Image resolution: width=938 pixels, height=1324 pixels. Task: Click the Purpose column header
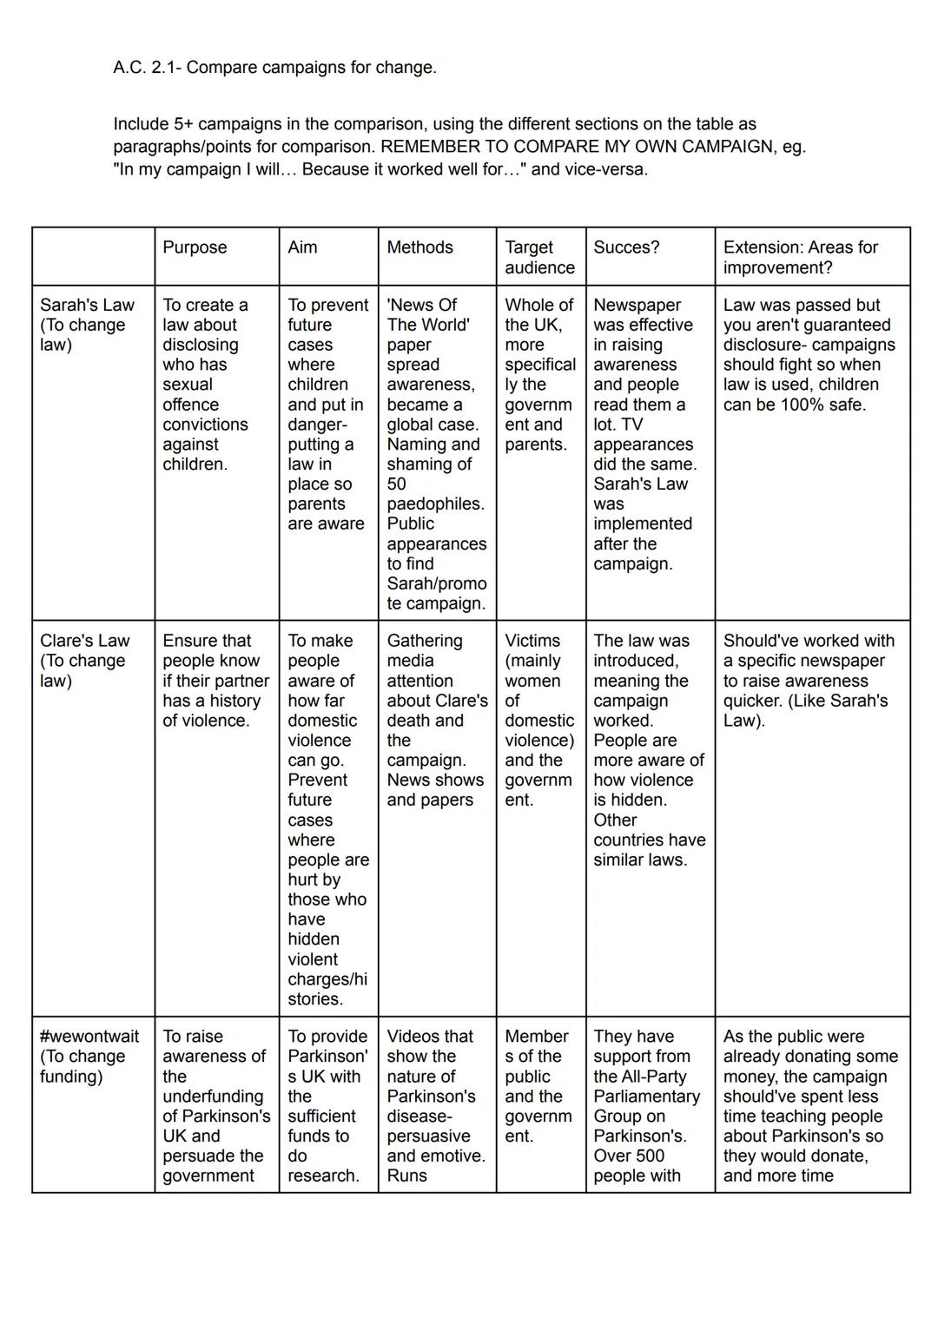point(195,247)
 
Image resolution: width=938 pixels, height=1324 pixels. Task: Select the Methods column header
point(419,247)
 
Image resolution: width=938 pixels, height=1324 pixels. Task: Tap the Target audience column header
point(539,257)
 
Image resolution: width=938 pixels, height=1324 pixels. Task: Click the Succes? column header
point(626,247)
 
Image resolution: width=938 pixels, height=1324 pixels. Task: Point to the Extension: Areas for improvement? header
point(800,257)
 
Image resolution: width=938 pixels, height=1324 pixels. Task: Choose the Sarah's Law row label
point(87,325)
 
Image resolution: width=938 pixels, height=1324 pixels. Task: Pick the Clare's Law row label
point(84,660)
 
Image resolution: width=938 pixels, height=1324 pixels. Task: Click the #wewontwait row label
point(89,1056)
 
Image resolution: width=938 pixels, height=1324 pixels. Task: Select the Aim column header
point(302,247)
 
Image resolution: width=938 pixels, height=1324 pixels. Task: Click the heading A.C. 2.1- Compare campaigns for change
point(274,68)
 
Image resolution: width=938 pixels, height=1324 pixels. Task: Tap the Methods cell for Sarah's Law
point(436,454)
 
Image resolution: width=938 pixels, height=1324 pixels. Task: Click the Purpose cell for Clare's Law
point(215,681)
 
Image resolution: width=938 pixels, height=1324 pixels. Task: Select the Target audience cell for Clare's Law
point(539,720)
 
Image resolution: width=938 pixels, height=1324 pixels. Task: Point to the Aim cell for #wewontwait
point(327,1105)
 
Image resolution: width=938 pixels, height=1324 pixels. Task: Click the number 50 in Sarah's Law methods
point(397,484)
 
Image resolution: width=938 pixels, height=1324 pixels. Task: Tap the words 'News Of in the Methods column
point(421,305)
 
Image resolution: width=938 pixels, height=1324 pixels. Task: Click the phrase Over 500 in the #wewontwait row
point(629,1156)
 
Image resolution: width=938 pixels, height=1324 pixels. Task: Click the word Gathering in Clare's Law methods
point(424,641)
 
